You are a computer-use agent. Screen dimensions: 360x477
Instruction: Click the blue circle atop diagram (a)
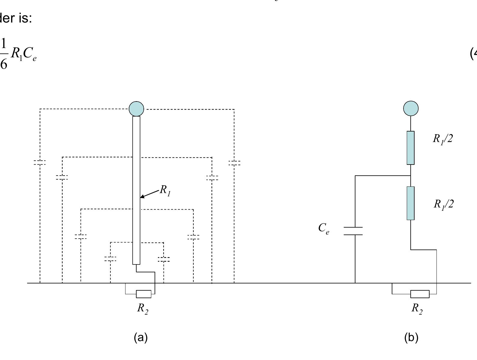(x=136, y=109)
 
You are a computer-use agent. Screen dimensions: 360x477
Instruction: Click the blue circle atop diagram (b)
(x=411, y=108)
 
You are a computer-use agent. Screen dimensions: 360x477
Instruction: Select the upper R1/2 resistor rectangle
(x=411, y=148)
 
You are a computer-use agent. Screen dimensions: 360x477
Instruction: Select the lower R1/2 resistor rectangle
(x=411, y=203)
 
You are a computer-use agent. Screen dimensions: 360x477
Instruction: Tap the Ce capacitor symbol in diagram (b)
(x=353, y=231)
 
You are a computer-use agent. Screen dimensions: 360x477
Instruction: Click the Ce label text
(x=324, y=228)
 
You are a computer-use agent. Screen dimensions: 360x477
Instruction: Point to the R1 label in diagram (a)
(x=165, y=190)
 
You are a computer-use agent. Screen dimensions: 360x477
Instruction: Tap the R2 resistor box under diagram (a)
(x=143, y=294)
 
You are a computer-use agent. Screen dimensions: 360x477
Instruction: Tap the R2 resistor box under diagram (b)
(x=420, y=294)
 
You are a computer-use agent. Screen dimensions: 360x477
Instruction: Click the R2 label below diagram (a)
(x=143, y=308)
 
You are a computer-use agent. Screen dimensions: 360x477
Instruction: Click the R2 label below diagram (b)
(x=417, y=308)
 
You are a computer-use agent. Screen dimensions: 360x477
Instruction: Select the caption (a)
(x=141, y=337)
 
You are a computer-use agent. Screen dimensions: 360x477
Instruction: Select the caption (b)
(x=411, y=337)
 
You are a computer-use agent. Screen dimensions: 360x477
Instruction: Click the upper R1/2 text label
(x=442, y=139)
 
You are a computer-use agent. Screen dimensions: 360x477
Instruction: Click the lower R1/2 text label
(x=443, y=204)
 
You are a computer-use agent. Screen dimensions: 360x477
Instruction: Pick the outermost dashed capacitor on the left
(x=40, y=162)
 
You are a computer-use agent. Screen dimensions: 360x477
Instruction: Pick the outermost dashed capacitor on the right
(x=234, y=163)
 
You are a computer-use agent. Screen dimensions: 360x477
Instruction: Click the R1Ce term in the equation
(x=23, y=54)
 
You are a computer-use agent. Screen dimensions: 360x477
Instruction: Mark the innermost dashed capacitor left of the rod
(x=110, y=259)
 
